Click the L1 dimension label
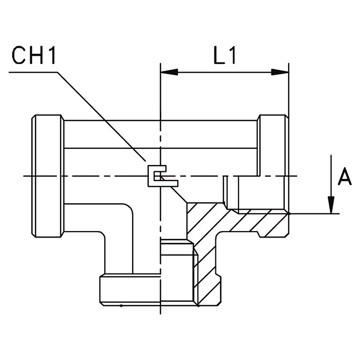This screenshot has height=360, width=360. click(x=225, y=56)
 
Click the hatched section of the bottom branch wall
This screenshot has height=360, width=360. click(x=207, y=269)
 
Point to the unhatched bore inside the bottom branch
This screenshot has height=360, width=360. click(x=177, y=274)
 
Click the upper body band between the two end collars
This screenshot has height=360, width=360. click(x=161, y=134)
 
